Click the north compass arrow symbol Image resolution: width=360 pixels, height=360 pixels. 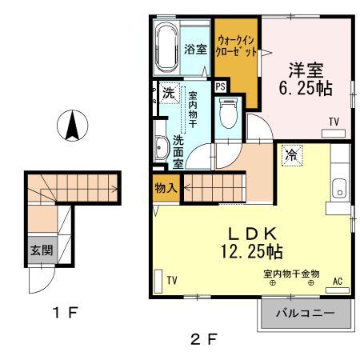(71, 126)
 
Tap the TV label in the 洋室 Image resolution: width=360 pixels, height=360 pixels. (334, 122)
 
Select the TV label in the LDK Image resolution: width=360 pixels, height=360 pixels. (172, 279)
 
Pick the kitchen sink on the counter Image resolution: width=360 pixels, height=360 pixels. (339, 190)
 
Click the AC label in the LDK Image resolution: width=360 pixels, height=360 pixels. (337, 281)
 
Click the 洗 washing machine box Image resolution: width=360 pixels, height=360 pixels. (168, 92)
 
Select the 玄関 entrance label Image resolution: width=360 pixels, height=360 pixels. (42, 250)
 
